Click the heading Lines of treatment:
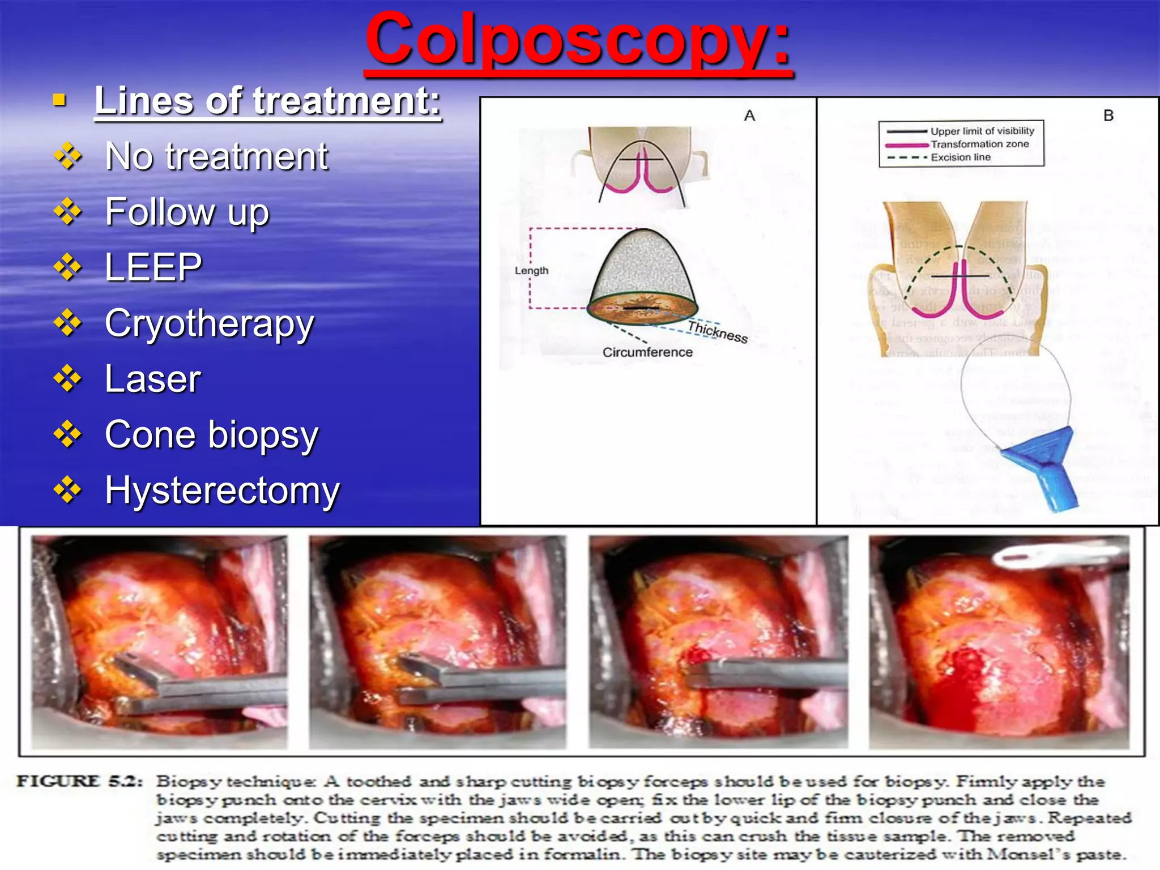(267, 101)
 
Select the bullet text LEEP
(153, 267)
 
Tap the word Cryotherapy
(209, 324)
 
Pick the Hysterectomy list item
(221, 491)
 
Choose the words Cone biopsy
(211, 435)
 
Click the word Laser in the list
(153, 379)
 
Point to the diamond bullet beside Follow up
(68, 212)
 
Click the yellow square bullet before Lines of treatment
(59, 101)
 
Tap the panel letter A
(749, 116)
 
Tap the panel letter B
(1108, 116)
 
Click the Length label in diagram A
(531, 271)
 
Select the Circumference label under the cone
(647, 352)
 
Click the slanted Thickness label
(718, 331)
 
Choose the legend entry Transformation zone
(980, 144)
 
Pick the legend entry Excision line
(961, 157)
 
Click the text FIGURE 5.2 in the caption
(79, 782)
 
